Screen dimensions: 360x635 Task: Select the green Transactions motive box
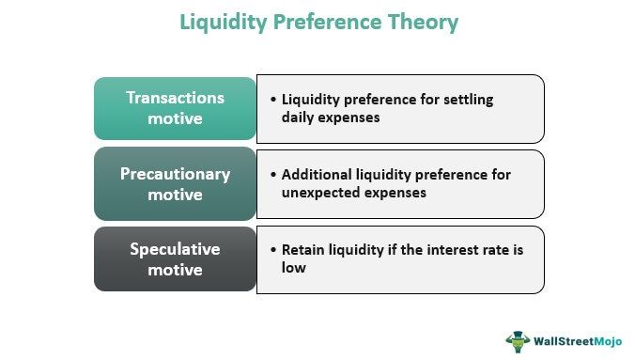click(175, 108)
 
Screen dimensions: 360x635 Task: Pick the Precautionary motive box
click(175, 184)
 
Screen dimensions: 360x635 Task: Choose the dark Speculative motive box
click(175, 258)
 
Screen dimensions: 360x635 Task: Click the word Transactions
click(175, 98)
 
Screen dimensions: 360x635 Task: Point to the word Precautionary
click(175, 174)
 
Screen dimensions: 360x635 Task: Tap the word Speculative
click(175, 249)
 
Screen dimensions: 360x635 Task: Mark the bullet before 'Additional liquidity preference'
click(272, 175)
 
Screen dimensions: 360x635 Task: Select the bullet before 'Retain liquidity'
click(272, 250)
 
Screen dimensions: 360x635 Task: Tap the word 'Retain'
click(304, 250)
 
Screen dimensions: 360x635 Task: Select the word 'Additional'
click(317, 175)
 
